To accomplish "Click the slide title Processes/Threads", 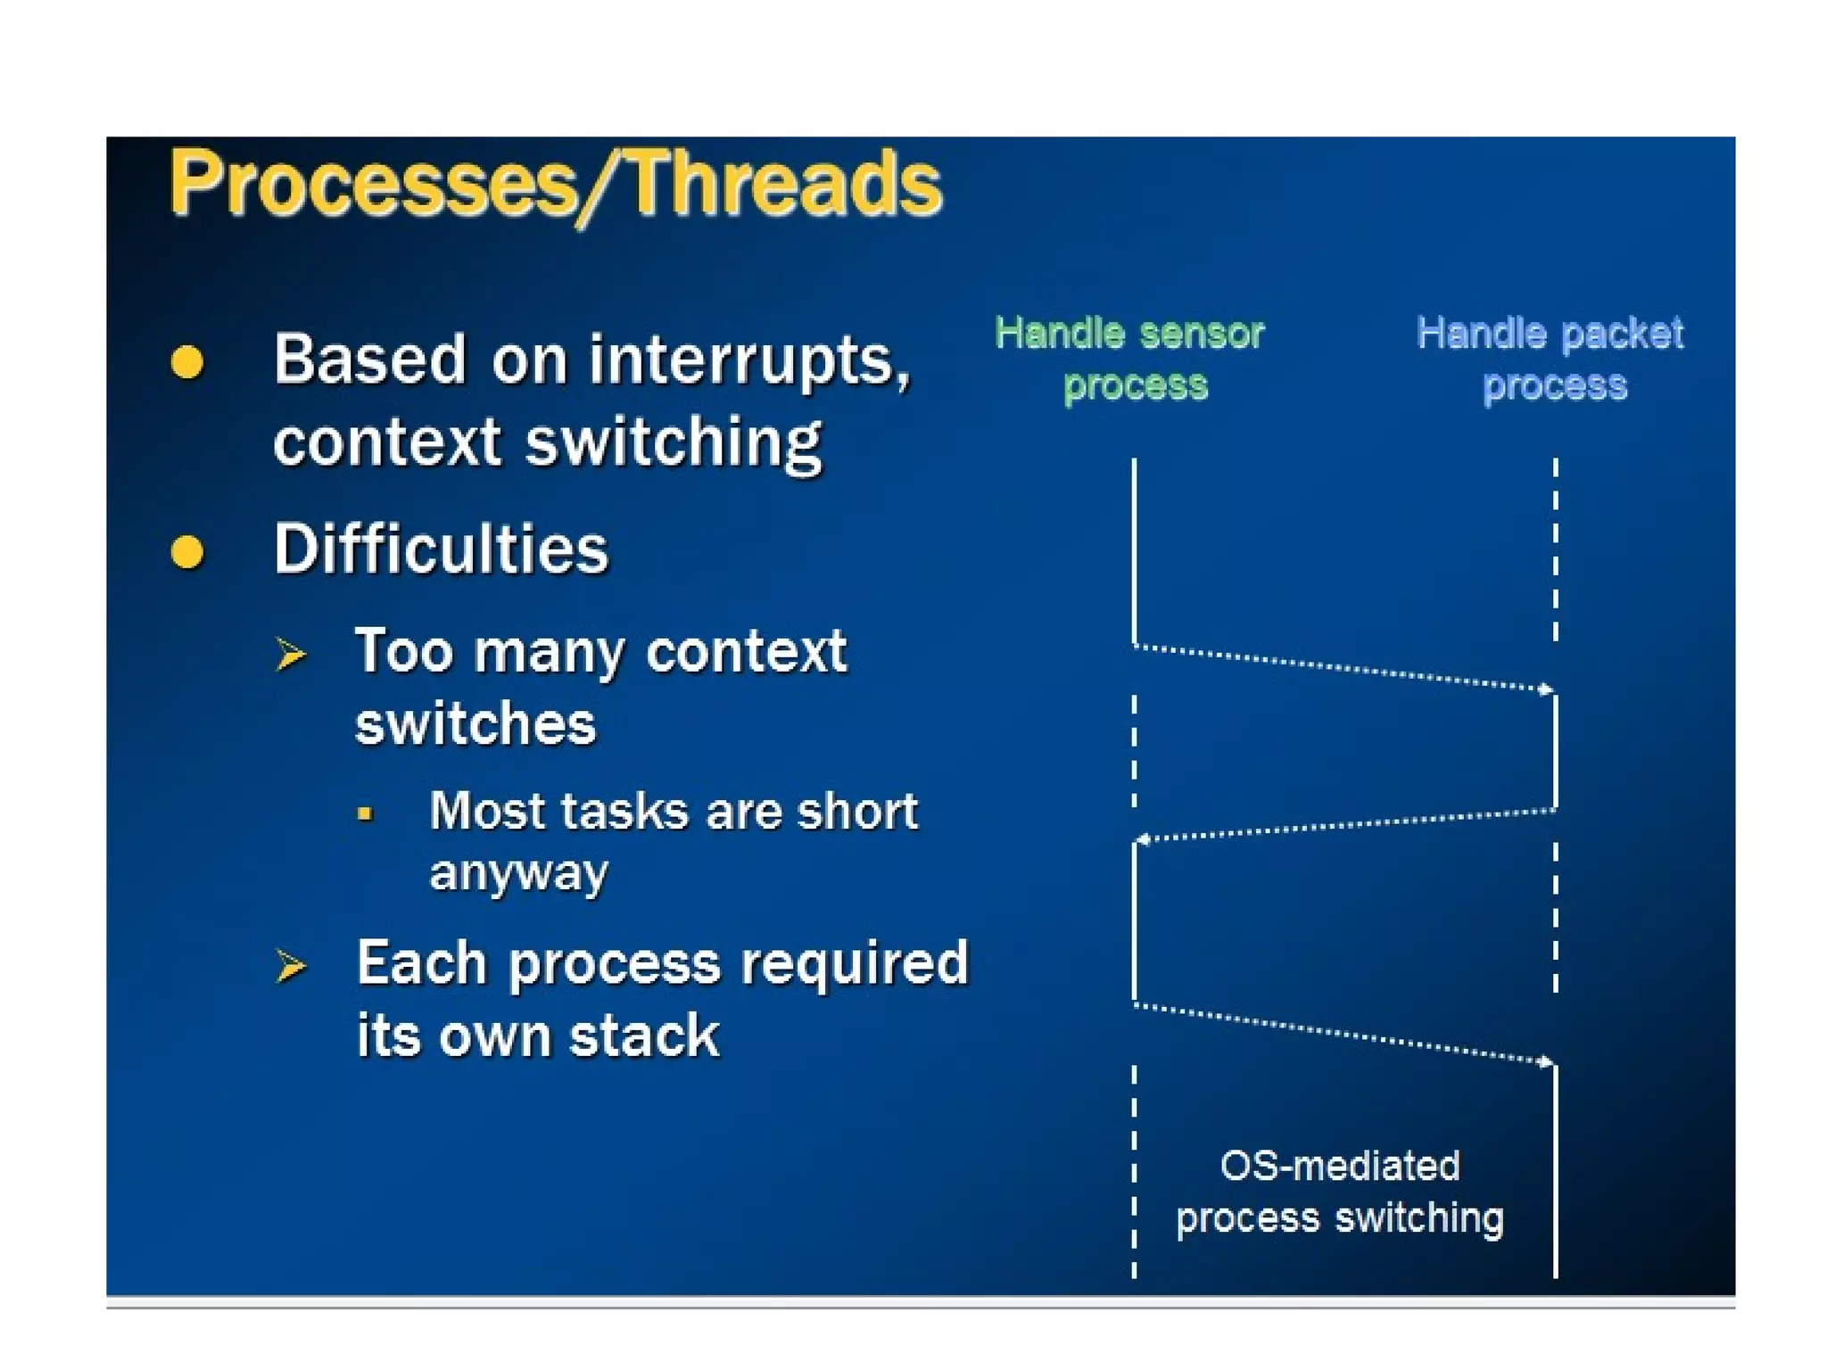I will coord(555,184).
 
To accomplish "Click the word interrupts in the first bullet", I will coord(748,360).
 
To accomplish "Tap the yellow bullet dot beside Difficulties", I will coord(186,551).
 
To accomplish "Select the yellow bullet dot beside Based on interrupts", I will coord(186,362).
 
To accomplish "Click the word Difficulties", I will coord(441,549).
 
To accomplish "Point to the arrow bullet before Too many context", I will coord(290,654).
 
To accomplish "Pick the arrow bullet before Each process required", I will coord(290,966).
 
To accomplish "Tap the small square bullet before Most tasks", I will coord(364,813).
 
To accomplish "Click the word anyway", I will coord(518,871).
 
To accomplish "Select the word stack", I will coord(644,1036).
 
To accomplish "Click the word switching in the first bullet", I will coord(673,442).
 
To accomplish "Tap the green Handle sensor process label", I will coord(1130,359).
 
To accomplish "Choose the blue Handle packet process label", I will coord(1550,359).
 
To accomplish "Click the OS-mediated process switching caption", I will coord(1339,1192).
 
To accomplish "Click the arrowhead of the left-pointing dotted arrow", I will coord(1141,839).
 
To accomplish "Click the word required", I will coord(854,963).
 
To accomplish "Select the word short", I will coord(856,811).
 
